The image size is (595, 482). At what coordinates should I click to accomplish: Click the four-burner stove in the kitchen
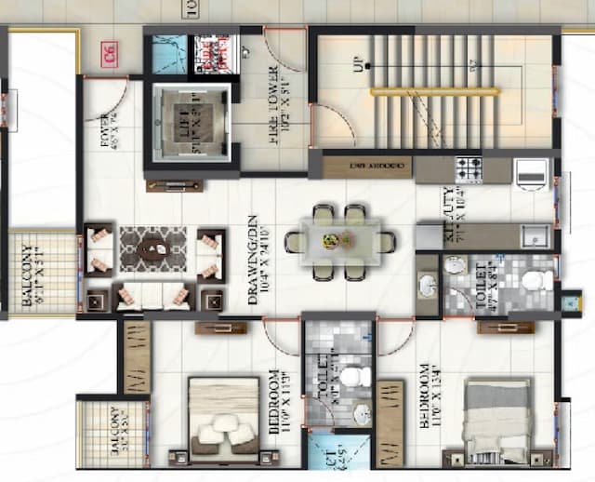[x=468, y=169]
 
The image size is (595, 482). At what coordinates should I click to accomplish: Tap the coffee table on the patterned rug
[x=153, y=248]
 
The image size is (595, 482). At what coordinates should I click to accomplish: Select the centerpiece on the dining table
[x=332, y=241]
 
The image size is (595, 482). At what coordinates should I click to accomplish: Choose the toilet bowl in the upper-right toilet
[x=533, y=280]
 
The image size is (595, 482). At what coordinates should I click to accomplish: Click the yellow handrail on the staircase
[x=433, y=91]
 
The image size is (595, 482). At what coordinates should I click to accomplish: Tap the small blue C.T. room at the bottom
[x=324, y=455]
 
